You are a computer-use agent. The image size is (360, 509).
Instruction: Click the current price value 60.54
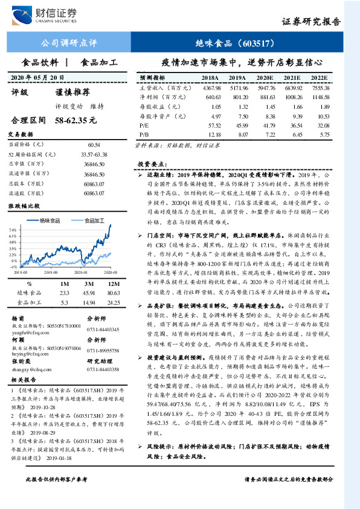pos(94,145)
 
